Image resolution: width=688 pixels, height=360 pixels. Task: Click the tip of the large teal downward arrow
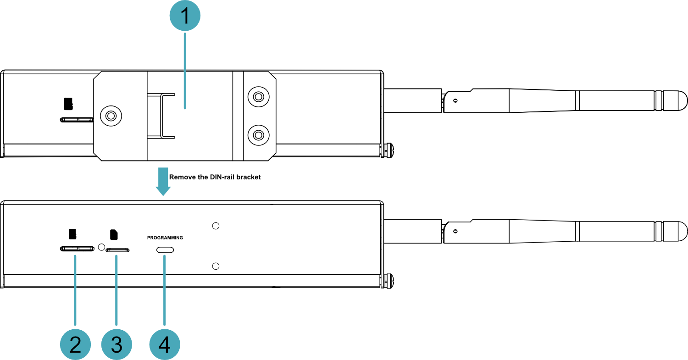pos(163,195)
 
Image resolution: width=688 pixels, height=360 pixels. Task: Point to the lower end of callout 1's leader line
pos(185,108)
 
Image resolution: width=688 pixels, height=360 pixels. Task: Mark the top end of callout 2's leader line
pos(75,256)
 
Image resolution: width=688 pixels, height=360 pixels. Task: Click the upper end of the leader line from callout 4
pos(165,256)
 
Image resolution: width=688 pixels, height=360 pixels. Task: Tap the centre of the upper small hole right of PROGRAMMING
pos(216,226)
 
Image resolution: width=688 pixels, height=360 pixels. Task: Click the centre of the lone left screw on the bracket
pos(111,116)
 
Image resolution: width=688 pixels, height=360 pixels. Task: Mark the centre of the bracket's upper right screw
pos(259,97)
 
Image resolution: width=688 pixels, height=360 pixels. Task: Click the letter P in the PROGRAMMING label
pos(149,238)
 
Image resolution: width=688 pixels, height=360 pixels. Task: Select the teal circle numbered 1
pos(185,15)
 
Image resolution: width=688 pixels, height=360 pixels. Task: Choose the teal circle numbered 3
pos(117,344)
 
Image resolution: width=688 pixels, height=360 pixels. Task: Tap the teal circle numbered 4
pos(165,344)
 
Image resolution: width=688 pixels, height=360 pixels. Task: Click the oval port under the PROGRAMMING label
pos(165,250)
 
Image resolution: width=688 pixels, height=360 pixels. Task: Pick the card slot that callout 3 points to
pos(117,250)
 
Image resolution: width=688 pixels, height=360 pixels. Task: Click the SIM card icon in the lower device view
pos(114,234)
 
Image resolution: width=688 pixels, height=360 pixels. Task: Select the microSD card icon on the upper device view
pos(68,104)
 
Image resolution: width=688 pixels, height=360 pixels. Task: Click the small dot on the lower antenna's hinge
pos(455,231)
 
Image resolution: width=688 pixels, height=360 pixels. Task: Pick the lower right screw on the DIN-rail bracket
pos(259,135)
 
